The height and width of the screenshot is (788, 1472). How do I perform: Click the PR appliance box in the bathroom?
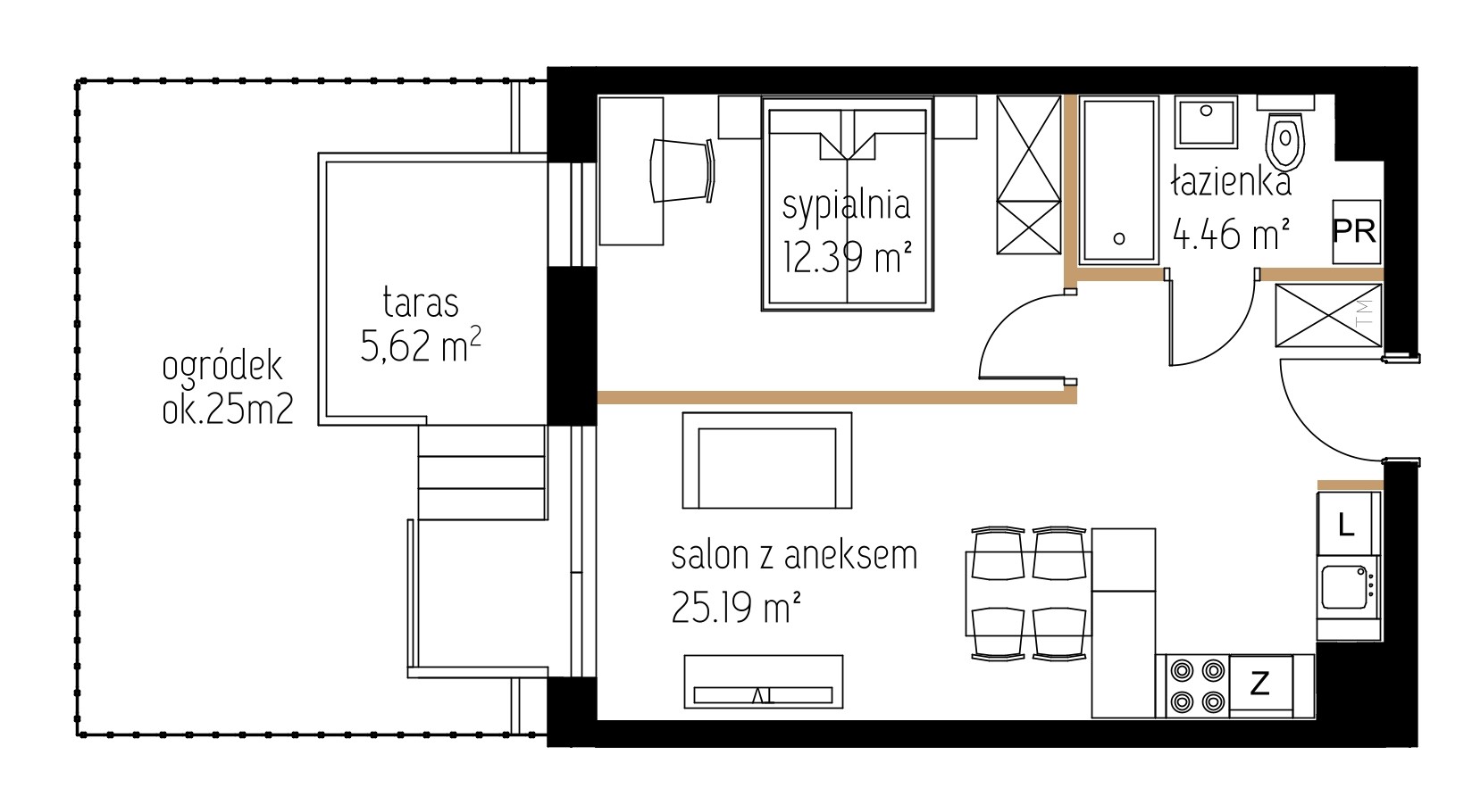coord(1357,232)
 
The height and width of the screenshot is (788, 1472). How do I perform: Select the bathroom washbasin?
coord(1206,121)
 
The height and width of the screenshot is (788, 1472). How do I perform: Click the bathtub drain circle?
coord(1119,238)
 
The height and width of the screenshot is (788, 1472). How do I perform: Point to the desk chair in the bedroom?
coord(682,170)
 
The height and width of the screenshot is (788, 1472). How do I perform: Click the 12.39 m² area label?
coord(847,256)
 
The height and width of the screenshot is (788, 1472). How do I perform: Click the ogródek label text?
coord(222,367)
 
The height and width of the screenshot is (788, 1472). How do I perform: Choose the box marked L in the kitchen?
coord(1346,524)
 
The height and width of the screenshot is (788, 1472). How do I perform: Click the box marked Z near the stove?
coord(1260,685)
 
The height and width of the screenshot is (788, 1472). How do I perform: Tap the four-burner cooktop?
coord(1197,686)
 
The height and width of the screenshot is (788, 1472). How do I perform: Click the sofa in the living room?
coord(767,460)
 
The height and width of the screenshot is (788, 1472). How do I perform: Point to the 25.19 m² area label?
coord(736,608)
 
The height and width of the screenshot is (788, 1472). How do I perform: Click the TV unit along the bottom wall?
coord(764,682)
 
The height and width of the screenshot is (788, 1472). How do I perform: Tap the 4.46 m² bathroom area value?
coord(1231,234)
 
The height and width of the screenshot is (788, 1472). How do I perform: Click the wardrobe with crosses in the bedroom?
coord(1028,175)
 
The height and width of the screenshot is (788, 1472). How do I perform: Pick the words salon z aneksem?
coord(794,555)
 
